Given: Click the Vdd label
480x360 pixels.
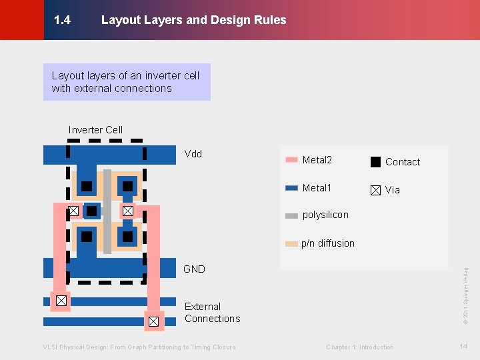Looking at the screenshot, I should pyautogui.click(x=193, y=154).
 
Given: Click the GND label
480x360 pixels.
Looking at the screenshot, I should pyautogui.click(x=194, y=269).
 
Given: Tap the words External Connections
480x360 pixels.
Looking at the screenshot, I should pyautogui.click(x=212, y=313).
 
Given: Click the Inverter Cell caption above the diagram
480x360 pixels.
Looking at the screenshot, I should pyautogui.click(x=95, y=130).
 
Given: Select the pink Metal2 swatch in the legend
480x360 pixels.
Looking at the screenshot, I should pyautogui.click(x=291, y=160).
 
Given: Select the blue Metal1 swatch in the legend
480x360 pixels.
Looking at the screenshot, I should pyautogui.click(x=291, y=188).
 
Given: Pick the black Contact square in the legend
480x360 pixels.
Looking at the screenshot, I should pyautogui.click(x=376, y=161).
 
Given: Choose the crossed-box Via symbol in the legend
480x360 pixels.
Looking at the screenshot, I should pyautogui.click(x=376, y=190).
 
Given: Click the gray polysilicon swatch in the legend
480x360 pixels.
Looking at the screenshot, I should pyautogui.click(x=291, y=215).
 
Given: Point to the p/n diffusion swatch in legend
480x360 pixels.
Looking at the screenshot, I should pyautogui.click(x=291, y=244).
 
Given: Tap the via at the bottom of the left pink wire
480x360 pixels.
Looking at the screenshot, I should pyautogui.click(x=61, y=301).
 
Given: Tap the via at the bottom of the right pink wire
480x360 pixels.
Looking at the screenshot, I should pyautogui.click(x=153, y=321).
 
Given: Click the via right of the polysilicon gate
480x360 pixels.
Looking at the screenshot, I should pyautogui.click(x=128, y=211).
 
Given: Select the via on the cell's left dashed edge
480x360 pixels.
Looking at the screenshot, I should pyautogui.click(x=73, y=211).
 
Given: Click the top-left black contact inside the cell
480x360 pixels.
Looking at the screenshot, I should pyautogui.click(x=87, y=186).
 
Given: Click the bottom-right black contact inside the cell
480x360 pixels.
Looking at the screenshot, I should pyautogui.click(x=127, y=236).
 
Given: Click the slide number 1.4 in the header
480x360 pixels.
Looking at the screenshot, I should pyautogui.click(x=62, y=20).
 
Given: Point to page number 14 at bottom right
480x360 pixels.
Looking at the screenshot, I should pyautogui.click(x=463, y=347).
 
